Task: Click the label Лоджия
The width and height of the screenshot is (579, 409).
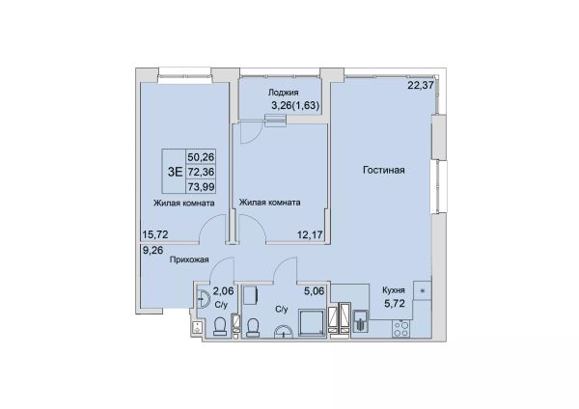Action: click(283, 93)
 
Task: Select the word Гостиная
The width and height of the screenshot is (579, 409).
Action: click(384, 170)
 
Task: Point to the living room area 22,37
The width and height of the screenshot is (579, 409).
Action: click(421, 85)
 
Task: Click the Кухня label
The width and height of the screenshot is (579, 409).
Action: click(394, 290)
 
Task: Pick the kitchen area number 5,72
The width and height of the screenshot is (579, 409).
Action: click(395, 304)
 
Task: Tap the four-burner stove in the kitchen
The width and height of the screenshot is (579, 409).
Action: click(401, 329)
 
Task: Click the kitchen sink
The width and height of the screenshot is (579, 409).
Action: click(360, 320)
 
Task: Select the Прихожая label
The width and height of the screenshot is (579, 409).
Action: click(189, 259)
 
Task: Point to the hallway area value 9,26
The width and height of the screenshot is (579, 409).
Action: click(152, 251)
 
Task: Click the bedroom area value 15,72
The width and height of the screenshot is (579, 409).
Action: click(155, 234)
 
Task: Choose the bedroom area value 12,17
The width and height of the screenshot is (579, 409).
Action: click(311, 234)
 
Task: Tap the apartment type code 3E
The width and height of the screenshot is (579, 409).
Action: click(175, 172)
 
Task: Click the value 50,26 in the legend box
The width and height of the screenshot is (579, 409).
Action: click(202, 157)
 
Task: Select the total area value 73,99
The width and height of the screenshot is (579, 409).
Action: click(202, 187)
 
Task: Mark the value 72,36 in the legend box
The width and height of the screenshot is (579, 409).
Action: click(202, 172)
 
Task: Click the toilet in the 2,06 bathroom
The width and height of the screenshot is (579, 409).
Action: click(220, 327)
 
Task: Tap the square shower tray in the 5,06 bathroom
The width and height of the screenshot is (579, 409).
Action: click(312, 323)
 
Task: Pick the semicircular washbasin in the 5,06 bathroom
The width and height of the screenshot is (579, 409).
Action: click(284, 331)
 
